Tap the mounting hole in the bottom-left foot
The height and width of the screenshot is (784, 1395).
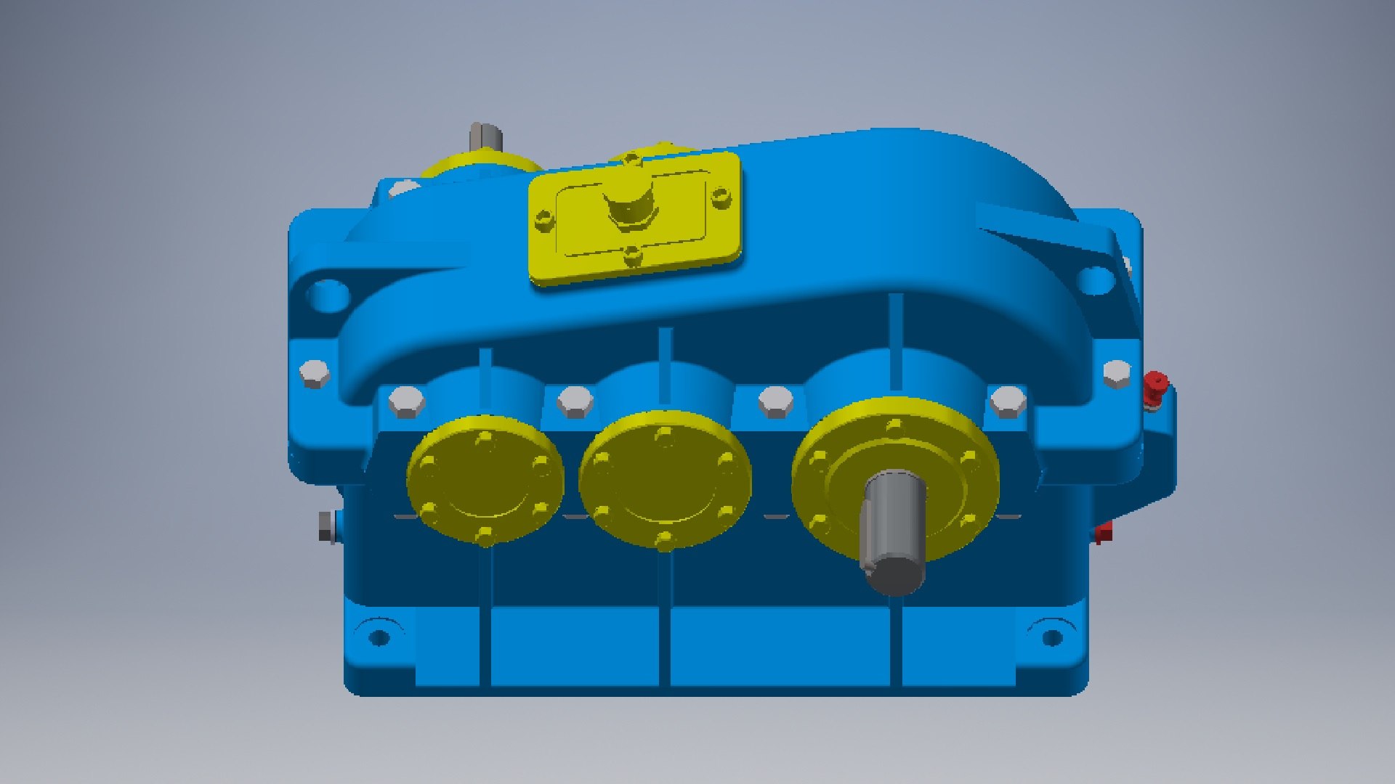[x=379, y=638]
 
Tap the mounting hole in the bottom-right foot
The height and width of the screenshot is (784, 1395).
[x=1052, y=638]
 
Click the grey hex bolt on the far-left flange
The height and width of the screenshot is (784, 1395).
[x=315, y=373]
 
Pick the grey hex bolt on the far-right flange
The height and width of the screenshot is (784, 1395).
[x=1116, y=373]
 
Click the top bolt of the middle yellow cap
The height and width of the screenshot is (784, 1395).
[x=664, y=436]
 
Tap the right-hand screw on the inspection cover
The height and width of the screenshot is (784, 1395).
[x=720, y=195]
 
